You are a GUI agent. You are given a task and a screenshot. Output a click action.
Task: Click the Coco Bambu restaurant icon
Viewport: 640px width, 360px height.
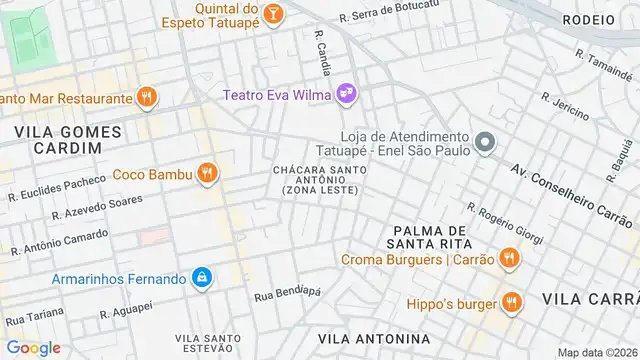click(207, 173)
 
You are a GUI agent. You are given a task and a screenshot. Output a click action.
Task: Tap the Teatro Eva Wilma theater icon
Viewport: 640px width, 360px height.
click(347, 94)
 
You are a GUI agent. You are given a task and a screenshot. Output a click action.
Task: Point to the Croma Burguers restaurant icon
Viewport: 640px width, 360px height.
click(508, 259)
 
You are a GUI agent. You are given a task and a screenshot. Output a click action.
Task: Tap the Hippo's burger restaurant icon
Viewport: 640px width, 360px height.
click(512, 302)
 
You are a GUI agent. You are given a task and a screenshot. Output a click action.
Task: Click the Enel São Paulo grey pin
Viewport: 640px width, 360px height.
click(485, 143)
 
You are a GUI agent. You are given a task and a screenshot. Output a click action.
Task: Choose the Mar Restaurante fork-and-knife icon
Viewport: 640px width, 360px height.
click(146, 97)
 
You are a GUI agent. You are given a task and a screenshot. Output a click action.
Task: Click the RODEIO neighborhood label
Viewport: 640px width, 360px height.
click(589, 19)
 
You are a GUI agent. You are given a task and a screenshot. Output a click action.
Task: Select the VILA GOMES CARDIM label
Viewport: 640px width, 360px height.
click(67, 139)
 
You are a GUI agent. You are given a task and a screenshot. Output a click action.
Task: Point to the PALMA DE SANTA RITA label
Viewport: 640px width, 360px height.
click(432, 237)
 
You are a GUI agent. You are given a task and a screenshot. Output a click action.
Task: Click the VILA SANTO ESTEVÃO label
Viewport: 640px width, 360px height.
click(207, 344)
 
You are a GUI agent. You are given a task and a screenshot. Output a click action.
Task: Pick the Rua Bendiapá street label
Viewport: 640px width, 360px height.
click(287, 294)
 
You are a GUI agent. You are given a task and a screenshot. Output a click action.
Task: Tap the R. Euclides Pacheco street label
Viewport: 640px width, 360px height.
click(57, 188)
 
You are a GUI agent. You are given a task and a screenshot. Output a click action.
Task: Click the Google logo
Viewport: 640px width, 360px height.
click(33, 348)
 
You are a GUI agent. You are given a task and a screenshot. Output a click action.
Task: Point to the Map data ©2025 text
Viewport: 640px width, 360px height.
click(596, 352)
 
